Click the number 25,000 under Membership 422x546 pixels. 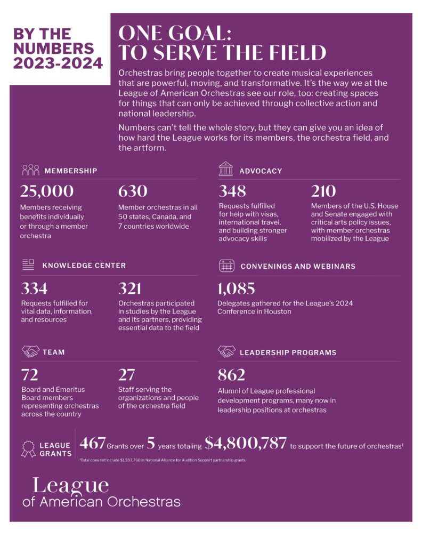(x=47, y=192)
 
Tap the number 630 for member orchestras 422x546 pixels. (x=133, y=192)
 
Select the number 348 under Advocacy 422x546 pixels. (x=233, y=192)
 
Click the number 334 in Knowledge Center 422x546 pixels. (x=34, y=289)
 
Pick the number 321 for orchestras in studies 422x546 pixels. (x=130, y=289)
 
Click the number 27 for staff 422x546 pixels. (x=126, y=375)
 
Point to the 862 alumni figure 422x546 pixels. (x=231, y=375)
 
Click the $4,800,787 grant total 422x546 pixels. (x=246, y=443)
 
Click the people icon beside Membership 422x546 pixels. (x=30, y=170)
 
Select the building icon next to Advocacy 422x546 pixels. (x=226, y=170)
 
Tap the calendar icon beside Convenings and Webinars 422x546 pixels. (x=226, y=265)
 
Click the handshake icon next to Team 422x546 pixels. (x=30, y=352)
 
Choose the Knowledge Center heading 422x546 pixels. (x=84, y=265)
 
